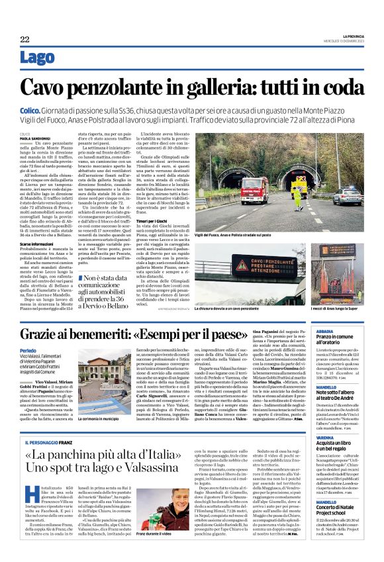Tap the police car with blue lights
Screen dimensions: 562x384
(x=347, y=197)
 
